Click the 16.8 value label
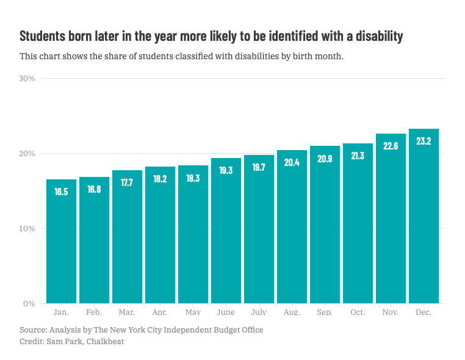94,190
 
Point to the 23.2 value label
424,141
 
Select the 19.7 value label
259,167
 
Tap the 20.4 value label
292,162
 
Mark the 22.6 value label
391,146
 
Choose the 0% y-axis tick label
30,304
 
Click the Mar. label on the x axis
127,312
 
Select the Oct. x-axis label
358,312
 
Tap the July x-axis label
259,312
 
